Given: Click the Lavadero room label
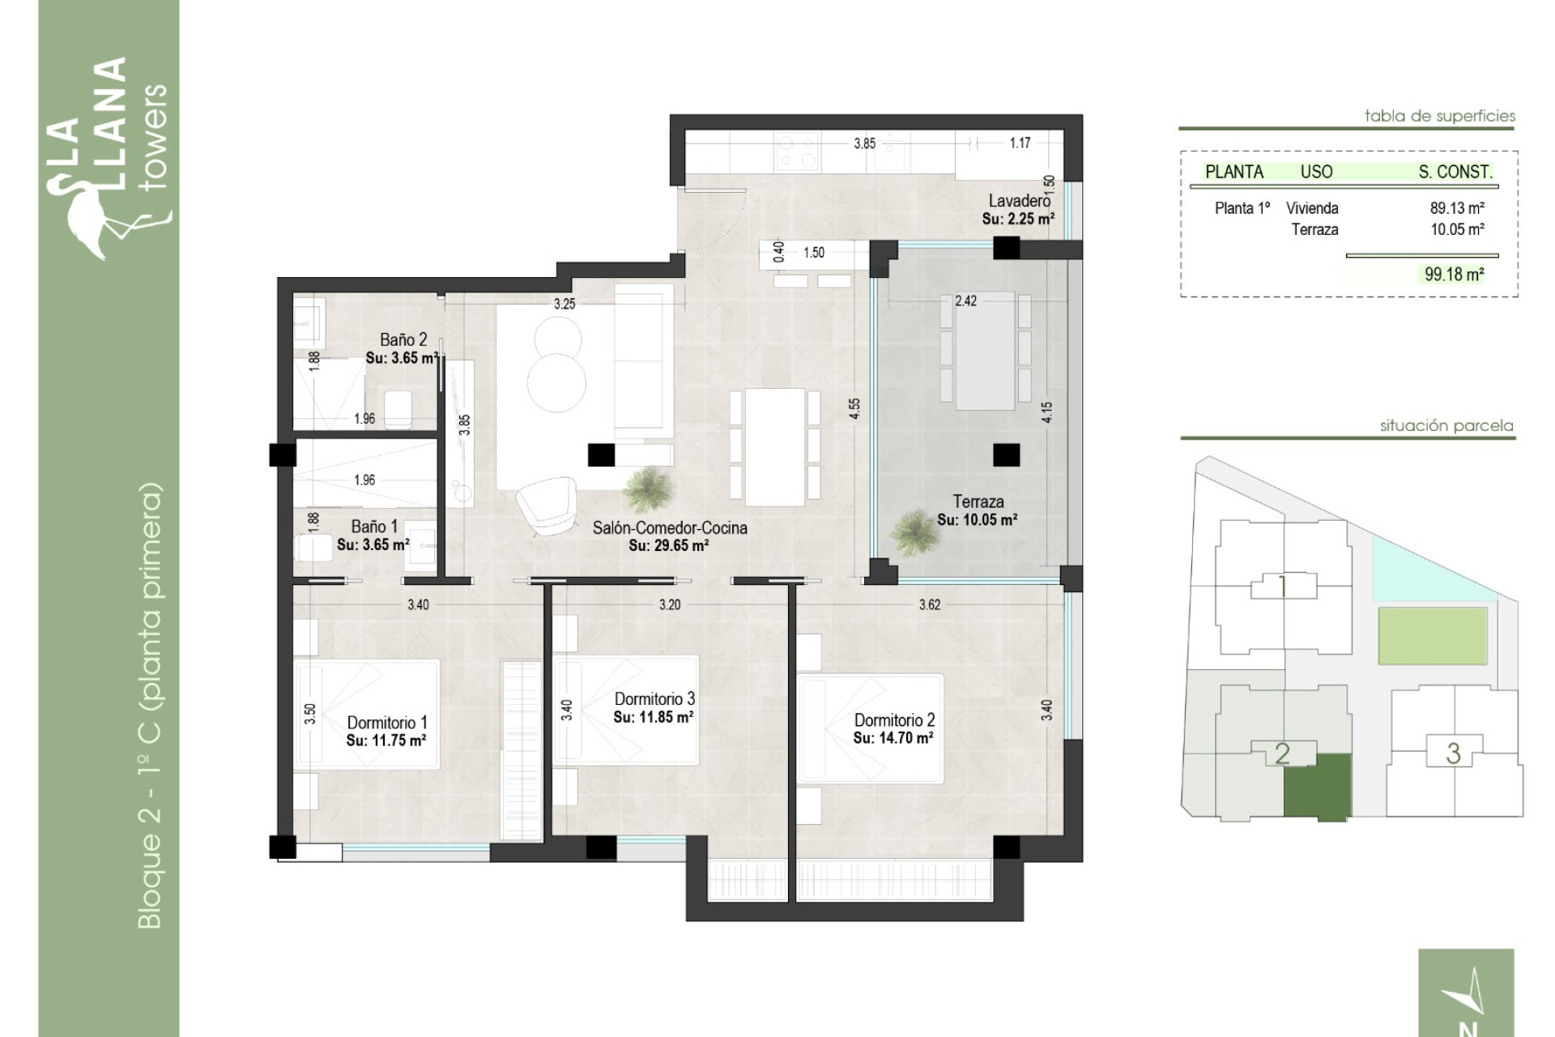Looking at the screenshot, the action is tap(1019, 200).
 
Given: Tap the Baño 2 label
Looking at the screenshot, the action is tap(403, 339).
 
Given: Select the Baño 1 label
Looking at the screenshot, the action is tap(374, 527).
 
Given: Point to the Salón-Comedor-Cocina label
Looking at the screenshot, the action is tap(670, 527).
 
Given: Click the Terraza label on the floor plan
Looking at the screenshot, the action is tap(978, 501).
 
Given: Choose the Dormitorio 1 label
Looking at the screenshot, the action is tap(387, 722).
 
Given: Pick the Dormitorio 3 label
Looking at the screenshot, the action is tap(654, 698).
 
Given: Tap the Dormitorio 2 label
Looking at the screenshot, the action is tap(894, 719).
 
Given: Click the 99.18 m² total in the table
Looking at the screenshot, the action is tap(1455, 274).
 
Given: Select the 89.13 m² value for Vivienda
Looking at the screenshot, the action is tap(1457, 208).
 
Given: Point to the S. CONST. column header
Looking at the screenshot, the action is tap(1455, 172).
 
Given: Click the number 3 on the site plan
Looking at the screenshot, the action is tap(1454, 753).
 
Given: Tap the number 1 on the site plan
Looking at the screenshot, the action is tap(1283, 587).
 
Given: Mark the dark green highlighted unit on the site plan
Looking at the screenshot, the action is tap(1318, 786).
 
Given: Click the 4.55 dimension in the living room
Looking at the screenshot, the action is tap(854, 408).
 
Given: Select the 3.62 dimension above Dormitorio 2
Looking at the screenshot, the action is tap(930, 604).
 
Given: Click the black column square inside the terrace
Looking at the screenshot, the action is tap(1007, 454).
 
